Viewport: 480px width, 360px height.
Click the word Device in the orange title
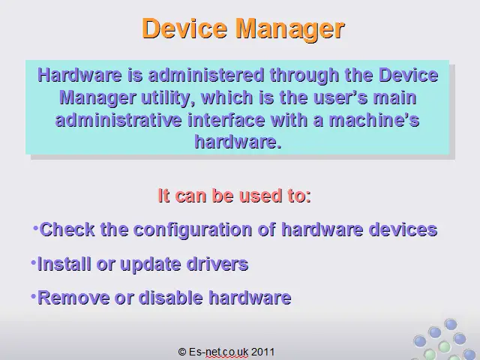(184, 28)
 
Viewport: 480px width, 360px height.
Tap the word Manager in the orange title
(290, 29)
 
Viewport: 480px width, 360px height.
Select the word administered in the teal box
(206, 75)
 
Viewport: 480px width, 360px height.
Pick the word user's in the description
(340, 98)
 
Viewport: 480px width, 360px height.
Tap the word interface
(226, 120)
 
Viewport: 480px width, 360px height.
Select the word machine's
(373, 120)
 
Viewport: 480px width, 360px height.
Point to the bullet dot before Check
(35, 228)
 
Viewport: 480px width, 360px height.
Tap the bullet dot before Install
(33, 262)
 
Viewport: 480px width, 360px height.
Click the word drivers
(217, 264)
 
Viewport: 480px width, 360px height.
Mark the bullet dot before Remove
(33, 296)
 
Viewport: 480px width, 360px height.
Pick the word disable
(170, 298)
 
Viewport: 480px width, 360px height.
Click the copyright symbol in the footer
(182, 352)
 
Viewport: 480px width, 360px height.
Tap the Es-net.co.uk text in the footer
(218, 352)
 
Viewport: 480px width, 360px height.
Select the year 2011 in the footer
(262, 352)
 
